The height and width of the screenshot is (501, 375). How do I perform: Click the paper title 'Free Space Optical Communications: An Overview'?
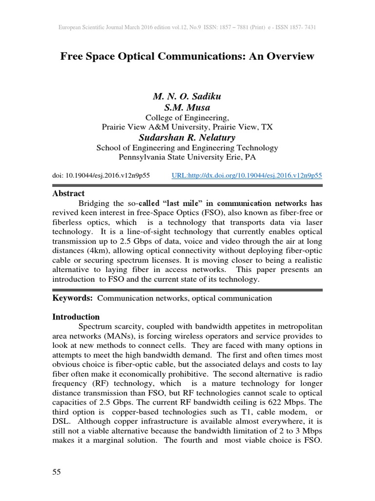(187, 57)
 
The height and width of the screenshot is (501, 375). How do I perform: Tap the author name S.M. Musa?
(187, 108)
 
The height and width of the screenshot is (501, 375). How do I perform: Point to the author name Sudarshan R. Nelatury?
(187, 137)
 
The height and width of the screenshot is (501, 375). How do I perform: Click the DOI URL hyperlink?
(248, 175)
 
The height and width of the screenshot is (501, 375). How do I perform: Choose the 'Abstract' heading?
(68, 194)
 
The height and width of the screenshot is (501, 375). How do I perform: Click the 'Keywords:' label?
(73, 298)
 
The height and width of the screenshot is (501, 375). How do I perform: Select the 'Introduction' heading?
(76, 317)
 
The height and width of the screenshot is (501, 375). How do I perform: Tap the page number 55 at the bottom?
(57, 472)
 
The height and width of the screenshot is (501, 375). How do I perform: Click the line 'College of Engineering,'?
(187, 117)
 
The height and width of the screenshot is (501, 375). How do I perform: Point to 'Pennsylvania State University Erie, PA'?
(187, 157)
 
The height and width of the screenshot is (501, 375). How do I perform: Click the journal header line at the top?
(187, 27)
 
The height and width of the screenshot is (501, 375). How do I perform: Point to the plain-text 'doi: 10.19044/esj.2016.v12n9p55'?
(101, 175)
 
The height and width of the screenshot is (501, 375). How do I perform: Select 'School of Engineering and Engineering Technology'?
(187, 147)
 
